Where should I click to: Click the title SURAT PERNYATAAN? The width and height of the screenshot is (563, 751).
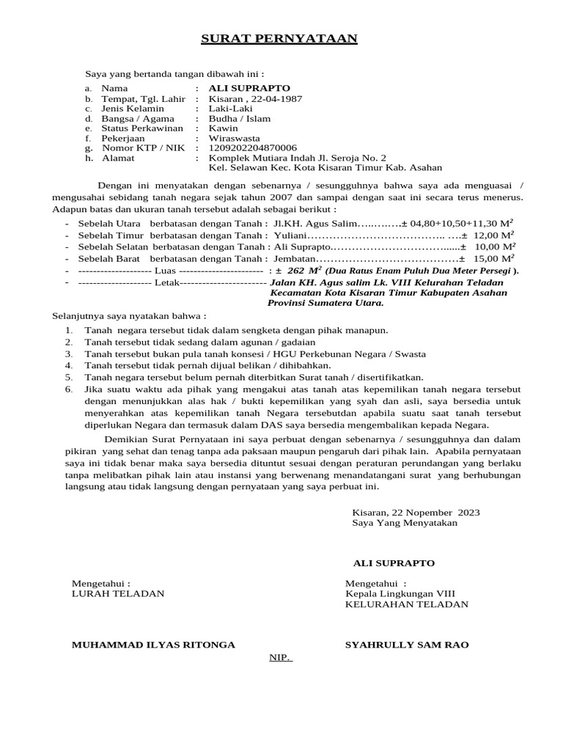click(x=279, y=38)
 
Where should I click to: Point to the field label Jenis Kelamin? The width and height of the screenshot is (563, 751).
click(x=133, y=109)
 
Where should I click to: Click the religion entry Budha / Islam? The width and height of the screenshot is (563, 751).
click(x=240, y=118)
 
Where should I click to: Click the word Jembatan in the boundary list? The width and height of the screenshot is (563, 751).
click(x=295, y=259)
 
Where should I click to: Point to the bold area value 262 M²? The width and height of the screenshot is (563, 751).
click(x=303, y=271)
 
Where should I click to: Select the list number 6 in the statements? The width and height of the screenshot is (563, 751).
click(x=68, y=389)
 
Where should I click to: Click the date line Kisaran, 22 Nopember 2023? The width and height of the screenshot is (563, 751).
click(x=416, y=512)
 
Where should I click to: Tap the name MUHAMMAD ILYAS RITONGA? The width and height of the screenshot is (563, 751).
click(x=153, y=645)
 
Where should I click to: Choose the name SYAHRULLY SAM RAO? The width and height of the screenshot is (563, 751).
click(x=407, y=645)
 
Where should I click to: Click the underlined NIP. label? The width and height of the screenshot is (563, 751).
click(x=280, y=657)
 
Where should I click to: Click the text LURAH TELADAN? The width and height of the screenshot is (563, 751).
click(x=118, y=593)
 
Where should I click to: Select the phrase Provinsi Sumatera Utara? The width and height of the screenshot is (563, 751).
click(x=325, y=302)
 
